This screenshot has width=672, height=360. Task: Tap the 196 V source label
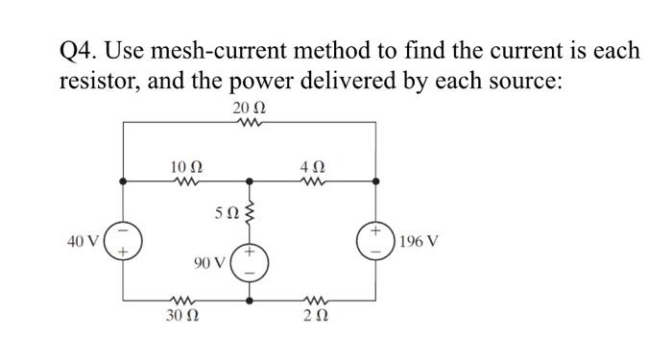point(421,240)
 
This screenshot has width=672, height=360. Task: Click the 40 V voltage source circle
point(123,240)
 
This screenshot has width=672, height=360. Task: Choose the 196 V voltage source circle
point(375,240)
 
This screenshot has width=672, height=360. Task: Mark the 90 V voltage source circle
point(250,261)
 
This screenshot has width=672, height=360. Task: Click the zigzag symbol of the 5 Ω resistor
point(250,211)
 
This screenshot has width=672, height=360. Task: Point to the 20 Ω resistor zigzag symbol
point(249,122)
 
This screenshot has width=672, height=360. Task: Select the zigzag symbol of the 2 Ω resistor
point(314,300)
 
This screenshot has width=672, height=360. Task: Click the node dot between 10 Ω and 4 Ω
point(250,180)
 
